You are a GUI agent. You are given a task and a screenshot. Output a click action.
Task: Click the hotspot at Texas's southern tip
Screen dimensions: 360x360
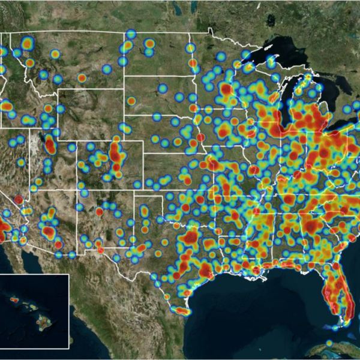click(181, 311)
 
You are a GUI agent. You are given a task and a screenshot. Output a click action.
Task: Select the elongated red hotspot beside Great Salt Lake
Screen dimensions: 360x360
click(50, 145)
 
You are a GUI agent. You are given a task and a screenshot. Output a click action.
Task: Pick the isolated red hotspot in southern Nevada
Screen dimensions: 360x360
click(18, 199)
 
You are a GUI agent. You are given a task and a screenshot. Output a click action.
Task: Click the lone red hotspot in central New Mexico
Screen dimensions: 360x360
click(100, 211)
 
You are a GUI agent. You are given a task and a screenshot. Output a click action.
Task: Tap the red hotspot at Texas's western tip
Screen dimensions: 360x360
click(100, 250)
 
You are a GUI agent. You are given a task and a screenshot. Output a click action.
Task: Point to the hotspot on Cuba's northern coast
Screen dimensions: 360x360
click(329, 343)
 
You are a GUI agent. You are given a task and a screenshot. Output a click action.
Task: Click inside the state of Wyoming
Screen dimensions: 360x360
click(90, 114)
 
